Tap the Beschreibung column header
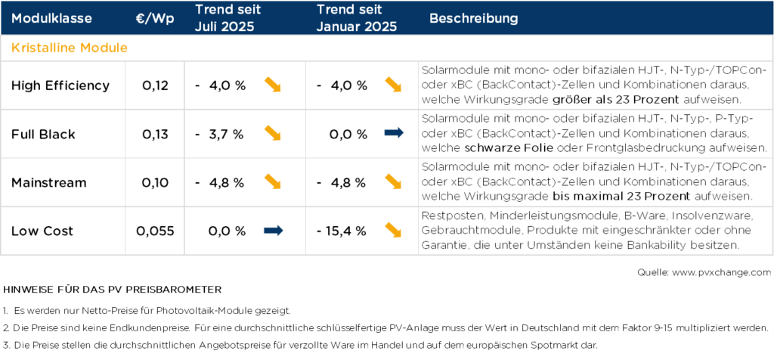pyautogui.click(x=474, y=17)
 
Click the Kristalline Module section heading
pyautogui.click(x=69, y=48)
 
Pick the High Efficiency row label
pyautogui.click(x=60, y=85)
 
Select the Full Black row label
pyautogui.click(x=43, y=134)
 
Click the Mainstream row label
pyautogui.click(x=49, y=182)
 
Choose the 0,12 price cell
pyautogui.click(x=155, y=85)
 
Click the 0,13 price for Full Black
pyautogui.click(x=155, y=134)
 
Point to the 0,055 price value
pyautogui.click(x=155, y=231)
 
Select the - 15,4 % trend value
pyautogui.click(x=342, y=231)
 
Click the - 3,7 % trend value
pyautogui.click(x=220, y=134)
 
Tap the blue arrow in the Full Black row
pyautogui.click(x=394, y=134)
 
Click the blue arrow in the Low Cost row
pyautogui.click(x=273, y=231)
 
